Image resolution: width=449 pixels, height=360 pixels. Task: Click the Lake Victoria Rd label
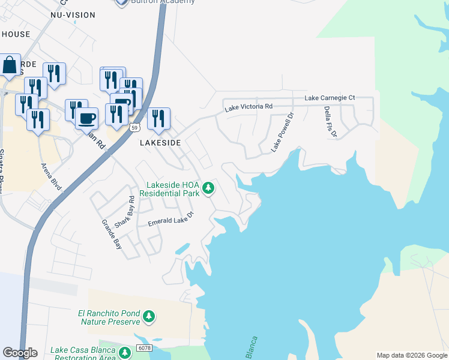point(249,107)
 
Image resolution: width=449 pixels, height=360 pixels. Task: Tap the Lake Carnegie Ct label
point(330,97)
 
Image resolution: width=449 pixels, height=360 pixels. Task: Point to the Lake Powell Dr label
point(283,132)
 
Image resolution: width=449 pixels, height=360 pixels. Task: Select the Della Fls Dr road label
point(331,122)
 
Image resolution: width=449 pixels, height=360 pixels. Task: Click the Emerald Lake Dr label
point(172,219)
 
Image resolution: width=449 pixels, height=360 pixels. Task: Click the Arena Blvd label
point(52,176)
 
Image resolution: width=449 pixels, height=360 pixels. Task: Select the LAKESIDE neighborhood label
point(160,143)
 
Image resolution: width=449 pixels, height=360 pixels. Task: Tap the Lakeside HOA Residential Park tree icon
point(208,189)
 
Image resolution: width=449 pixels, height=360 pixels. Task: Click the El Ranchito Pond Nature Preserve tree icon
point(149,316)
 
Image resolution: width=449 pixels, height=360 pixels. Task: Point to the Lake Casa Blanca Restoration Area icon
point(125,353)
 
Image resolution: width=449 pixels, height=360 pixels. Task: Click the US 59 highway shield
point(134,127)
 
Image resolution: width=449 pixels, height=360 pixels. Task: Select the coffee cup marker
point(87,118)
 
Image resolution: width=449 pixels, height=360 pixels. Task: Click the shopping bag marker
point(10,66)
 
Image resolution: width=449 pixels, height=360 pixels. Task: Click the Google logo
point(20,353)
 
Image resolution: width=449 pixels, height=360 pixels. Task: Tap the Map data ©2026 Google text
point(412,355)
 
